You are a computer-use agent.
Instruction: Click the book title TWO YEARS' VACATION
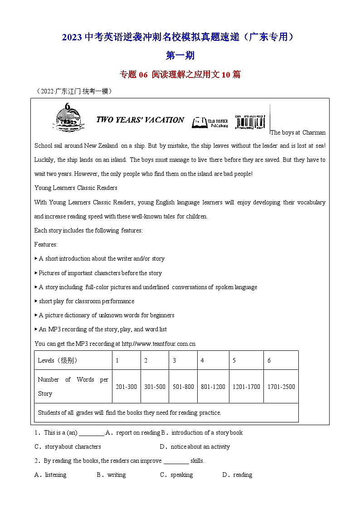[x=140, y=120]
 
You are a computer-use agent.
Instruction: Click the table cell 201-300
[x=126, y=387]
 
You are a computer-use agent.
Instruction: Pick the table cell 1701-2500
[x=281, y=387]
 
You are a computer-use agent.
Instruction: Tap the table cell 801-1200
[x=213, y=387]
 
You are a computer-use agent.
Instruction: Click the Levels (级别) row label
[x=58, y=360]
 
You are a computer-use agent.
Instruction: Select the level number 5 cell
[x=234, y=360]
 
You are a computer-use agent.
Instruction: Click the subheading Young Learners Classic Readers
[x=76, y=188]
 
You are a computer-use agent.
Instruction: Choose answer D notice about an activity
[x=195, y=446]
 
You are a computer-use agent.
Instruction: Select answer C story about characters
[x=68, y=446]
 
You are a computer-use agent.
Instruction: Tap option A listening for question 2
[x=51, y=475]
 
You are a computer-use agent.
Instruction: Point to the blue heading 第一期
[x=180, y=55]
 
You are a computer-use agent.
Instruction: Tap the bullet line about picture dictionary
[x=104, y=315]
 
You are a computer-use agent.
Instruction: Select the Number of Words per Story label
[x=73, y=386]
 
